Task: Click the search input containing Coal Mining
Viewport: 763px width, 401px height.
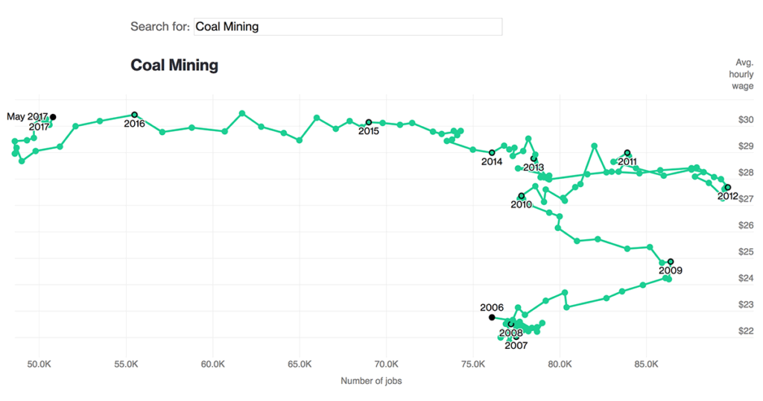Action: (347, 27)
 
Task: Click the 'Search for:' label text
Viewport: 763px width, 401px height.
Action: (159, 27)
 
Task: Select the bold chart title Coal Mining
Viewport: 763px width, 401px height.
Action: (174, 65)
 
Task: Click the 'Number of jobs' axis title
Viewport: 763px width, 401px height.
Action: (371, 381)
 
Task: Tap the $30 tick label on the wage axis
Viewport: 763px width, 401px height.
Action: (745, 120)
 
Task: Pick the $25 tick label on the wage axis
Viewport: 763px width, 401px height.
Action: (745, 252)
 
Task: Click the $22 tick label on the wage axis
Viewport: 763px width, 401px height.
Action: (745, 331)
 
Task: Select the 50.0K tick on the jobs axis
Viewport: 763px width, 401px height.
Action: (39, 364)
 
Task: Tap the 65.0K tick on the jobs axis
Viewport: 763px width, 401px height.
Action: (300, 364)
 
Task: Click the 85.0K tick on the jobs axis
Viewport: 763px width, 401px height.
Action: (646, 364)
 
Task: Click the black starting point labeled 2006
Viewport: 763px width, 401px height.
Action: (492, 318)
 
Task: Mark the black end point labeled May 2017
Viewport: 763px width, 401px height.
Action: (53, 117)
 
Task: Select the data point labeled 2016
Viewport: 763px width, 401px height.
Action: (134, 115)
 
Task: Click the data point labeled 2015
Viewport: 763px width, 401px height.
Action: (368, 122)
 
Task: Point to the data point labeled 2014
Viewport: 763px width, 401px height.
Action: (492, 153)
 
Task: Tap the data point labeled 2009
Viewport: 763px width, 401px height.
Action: (671, 262)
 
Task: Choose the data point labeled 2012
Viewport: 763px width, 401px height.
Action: (727, 188)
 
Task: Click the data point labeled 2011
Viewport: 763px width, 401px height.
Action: (627, 153)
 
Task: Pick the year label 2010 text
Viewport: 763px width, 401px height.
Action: (521, 205)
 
